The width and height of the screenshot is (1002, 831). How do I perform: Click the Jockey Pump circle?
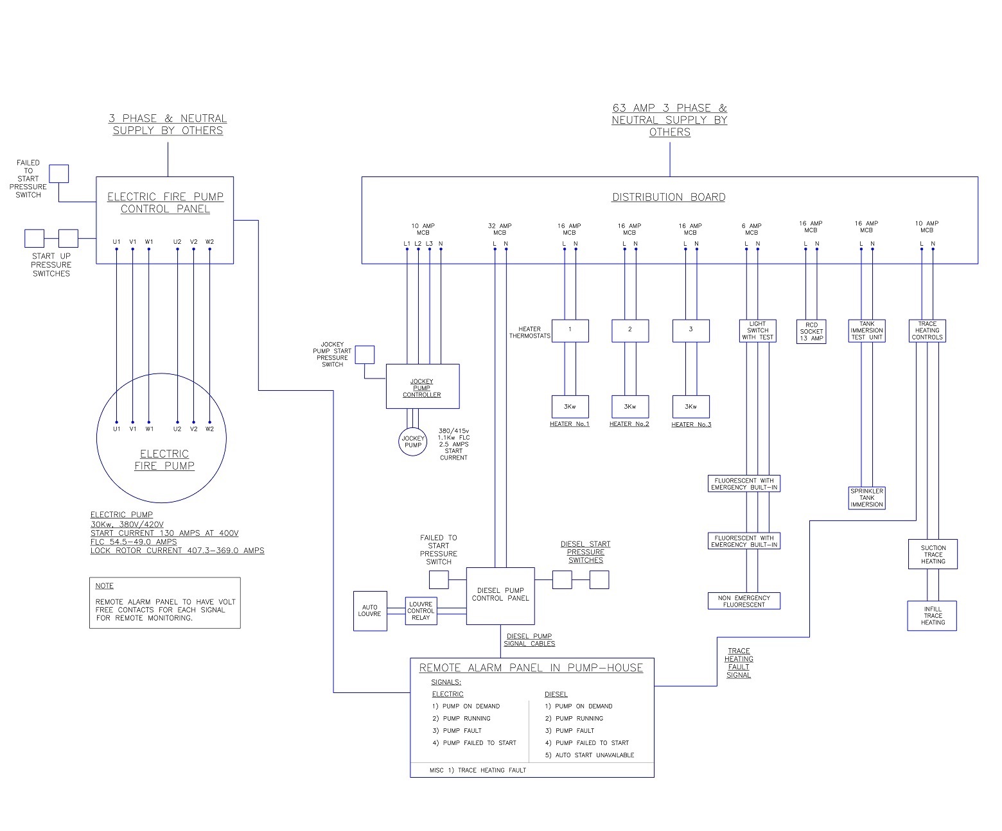(413, 442)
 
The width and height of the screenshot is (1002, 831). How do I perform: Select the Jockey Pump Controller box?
(422, 386)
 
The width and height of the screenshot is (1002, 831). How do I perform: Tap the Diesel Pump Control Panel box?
(500, 595)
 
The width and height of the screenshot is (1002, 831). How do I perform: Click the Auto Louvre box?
(370, 611)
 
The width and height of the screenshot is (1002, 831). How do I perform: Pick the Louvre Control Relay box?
(421, 611)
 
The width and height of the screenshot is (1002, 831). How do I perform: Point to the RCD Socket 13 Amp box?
(811, 331)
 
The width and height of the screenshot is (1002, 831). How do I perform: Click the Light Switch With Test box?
(757, 330)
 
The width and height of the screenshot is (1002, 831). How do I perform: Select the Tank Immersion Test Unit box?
(866, 330)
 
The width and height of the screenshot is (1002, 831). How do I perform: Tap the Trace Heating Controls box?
(927, 330)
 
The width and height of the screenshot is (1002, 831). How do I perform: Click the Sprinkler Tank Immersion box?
(866, 498)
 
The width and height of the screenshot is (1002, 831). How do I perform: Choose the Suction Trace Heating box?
(933, 554)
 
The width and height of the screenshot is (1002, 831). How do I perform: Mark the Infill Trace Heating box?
(932, 616)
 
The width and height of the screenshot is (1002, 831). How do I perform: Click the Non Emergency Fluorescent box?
(744, 601)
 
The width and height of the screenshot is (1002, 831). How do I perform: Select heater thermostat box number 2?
(629, 330)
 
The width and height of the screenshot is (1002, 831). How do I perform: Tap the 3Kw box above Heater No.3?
(690, 406)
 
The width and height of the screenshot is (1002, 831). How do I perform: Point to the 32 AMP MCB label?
(500, 229)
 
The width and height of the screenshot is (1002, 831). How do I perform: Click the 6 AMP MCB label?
(752, 229)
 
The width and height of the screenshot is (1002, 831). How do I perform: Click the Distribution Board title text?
(668, 198)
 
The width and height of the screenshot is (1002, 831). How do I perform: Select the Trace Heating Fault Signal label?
(739, 663)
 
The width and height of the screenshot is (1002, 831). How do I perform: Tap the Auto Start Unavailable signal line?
(589, 755)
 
